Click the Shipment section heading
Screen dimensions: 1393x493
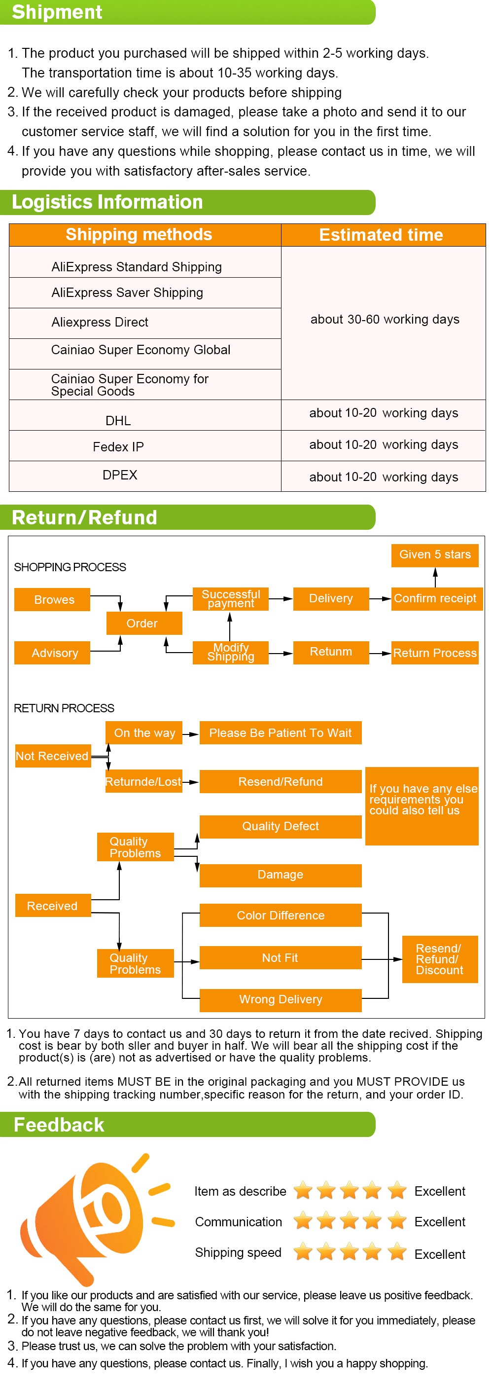click(57, 12)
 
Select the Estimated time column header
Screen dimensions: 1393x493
click(381, 235)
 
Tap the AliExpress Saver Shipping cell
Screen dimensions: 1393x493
click(127, 293)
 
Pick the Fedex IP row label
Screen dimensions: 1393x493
click(118, 447)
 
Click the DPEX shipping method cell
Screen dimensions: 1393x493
click(119, 475)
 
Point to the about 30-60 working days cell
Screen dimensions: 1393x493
click(385, 320)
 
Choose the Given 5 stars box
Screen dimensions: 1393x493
click(435, 554)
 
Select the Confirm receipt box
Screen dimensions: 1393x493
click(435, 598)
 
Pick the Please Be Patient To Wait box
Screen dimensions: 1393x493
click(280, 733)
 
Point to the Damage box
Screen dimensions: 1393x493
click(280, 875)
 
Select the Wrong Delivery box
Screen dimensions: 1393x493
click(280, 999)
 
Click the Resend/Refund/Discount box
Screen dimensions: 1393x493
click(439, 959)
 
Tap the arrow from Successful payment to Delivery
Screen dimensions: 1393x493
click(281, 599)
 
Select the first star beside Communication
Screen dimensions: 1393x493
click(303, 1220)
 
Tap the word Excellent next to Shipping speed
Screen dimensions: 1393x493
click(439, 1254)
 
